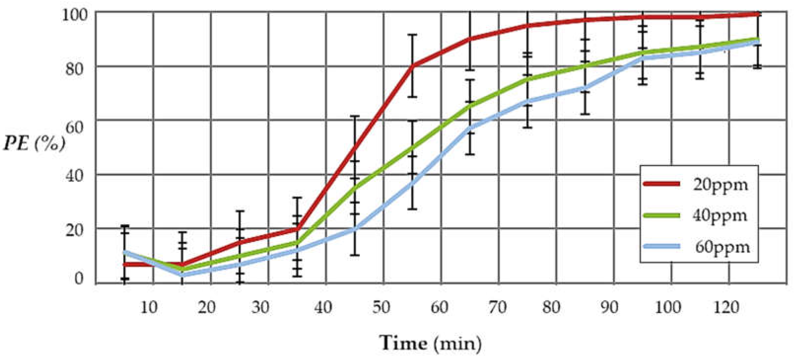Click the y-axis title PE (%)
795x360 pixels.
[x=34, y=144]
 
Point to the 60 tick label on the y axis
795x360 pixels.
[x=74, y=127]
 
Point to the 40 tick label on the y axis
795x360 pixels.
[x=74, y=177]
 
